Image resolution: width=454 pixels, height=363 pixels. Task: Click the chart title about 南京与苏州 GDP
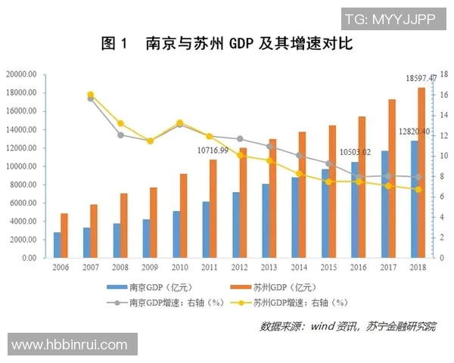coord(227,45)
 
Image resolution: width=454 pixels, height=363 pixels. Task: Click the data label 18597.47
coord(421,79)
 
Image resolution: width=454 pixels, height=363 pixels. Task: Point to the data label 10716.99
coord(213,151)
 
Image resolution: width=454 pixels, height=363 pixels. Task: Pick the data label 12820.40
coord(414,132)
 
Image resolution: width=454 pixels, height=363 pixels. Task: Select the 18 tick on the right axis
coord(444,74)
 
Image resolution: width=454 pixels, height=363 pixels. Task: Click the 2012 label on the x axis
coord(240,268)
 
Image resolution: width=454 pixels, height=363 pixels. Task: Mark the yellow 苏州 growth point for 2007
coord(91,95)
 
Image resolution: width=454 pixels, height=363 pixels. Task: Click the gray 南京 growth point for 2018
coord(418,177)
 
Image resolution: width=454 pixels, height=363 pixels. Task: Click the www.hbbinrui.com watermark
coord(70,345)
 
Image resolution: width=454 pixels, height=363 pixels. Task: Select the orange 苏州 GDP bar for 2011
coord(213,209)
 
